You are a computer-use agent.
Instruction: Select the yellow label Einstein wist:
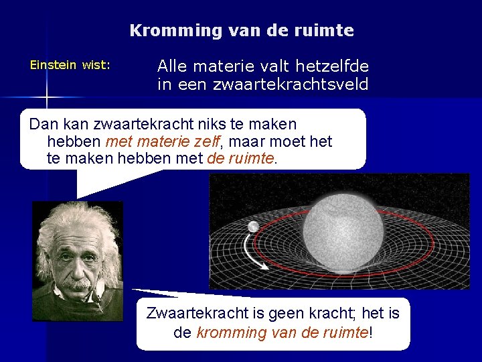70,66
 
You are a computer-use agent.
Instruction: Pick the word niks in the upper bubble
220,125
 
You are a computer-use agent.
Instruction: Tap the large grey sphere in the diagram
343,227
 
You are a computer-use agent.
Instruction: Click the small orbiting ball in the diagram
254,227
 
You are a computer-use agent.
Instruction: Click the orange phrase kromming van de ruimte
282,333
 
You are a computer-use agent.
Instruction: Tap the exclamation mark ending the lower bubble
370,333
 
